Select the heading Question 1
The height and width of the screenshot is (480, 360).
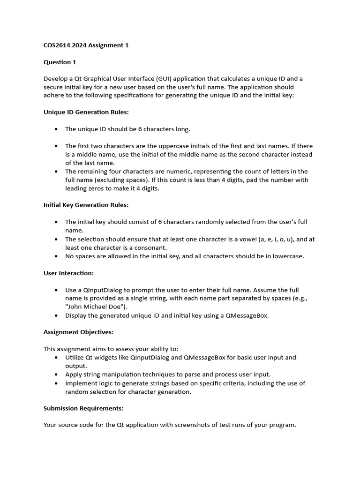[x=60, y=62]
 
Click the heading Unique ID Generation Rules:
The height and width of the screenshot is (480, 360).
[x=86, y=112]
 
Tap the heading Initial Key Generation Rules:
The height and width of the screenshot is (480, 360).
[x=86, y=205]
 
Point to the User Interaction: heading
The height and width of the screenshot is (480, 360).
[x=68, y=273]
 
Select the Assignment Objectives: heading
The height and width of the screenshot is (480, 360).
[x=78, y=332]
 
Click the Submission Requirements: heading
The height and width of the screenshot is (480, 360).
[x=83, y=408]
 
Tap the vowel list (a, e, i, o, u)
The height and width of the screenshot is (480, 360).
[x=266, y=239]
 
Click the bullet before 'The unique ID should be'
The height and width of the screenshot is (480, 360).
[x=56, y=129]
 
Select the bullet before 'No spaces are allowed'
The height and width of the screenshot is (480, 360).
[x=56, y=256]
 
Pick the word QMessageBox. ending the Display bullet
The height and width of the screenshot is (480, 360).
[x=247, y=315]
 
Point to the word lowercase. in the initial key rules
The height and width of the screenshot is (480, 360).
[x=287, y=256]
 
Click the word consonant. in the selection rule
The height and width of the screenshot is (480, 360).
[x=151, y=247]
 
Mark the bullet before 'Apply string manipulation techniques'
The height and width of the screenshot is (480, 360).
[x=56, y=375]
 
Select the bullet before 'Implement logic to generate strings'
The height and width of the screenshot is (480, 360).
[x=56, y=383]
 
